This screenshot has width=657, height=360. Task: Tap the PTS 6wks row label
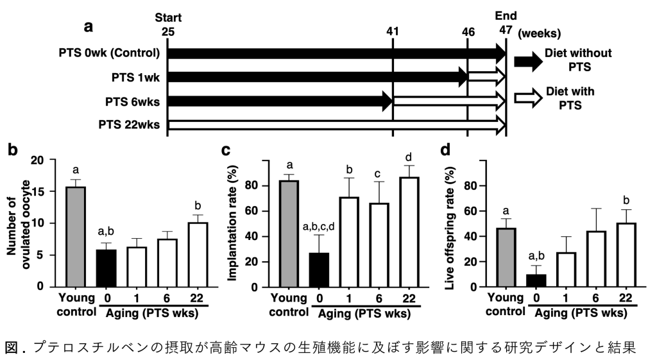(133, 101)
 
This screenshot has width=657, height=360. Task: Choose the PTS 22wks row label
(129, 124)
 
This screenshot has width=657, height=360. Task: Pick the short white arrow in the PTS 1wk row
(486, 77)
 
